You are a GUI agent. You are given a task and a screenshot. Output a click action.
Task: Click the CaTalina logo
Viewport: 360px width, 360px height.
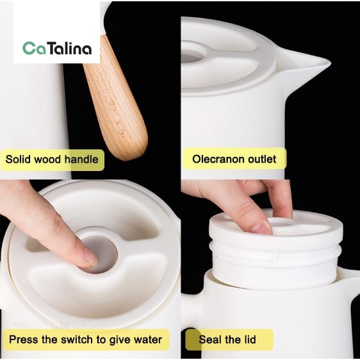57,48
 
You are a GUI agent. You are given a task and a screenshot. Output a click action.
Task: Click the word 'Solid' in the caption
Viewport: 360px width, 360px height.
17,160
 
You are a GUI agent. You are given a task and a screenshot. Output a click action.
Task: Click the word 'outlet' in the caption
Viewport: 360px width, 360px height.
261,159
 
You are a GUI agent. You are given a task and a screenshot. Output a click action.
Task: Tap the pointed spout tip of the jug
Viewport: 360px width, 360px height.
329,62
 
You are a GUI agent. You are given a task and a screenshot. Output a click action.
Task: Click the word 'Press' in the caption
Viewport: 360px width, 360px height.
21,340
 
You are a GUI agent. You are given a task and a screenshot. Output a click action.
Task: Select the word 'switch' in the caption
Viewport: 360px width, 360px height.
78,340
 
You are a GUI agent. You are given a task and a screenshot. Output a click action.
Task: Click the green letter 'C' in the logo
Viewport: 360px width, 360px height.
28,48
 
